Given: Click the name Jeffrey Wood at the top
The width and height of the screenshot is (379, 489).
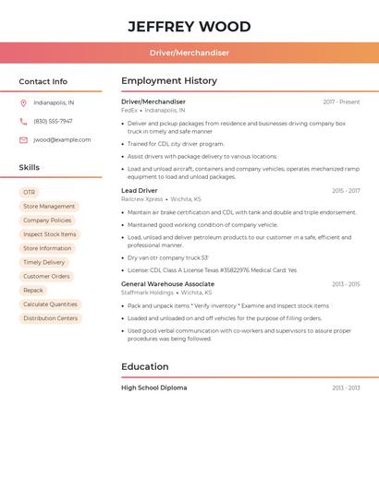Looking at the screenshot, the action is point(189,26).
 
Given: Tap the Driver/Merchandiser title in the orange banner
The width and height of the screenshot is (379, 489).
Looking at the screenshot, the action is point(189,53).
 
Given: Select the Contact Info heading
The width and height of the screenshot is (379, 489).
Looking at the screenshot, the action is point(43,81).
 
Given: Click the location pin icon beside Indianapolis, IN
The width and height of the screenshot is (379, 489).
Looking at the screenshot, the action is point(23,103).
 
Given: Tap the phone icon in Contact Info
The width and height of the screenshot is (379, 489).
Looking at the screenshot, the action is point(23,122).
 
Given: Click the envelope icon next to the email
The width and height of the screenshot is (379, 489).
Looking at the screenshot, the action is point(23,140).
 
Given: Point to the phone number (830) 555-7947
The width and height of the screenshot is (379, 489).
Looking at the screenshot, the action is point(53,122).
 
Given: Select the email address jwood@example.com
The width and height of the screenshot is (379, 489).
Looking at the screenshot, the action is point(62,140).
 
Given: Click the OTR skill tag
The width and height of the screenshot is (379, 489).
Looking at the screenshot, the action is point(30,192).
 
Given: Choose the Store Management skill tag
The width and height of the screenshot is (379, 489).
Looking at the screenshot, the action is point(49,207).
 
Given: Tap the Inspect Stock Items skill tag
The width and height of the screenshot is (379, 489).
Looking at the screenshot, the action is point(50,234).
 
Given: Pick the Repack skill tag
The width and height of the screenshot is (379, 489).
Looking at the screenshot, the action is point(33,291).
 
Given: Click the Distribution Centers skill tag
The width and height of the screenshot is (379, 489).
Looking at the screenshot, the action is point(51,318).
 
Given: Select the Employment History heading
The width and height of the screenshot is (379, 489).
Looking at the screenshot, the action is point(169,81).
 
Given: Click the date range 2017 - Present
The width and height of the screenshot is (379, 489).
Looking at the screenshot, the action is point(341,102).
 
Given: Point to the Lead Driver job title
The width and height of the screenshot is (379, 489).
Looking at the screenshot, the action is point(140,191).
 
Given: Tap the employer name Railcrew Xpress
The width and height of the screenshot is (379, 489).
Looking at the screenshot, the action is point(141,199).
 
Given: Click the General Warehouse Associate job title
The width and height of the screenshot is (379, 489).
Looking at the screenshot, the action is point(167,284).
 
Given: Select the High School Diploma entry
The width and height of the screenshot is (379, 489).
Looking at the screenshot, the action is point(153,388).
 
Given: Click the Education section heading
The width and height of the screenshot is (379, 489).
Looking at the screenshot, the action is point(145,366).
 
